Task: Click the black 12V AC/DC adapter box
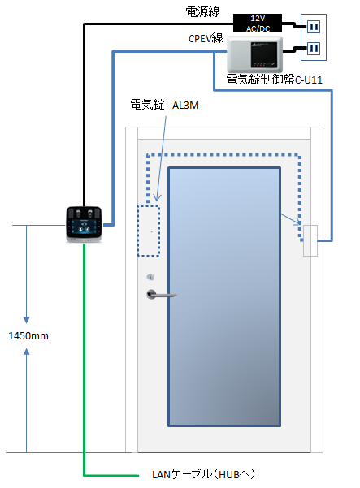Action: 258,23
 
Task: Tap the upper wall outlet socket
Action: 314,27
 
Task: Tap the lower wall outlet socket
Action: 314,48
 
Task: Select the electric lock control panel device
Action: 254,54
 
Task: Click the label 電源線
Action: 202,12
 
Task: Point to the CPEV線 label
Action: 206,39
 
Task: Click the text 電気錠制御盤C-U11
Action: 274,80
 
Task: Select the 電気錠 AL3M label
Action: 164,105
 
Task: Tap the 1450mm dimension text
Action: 28,336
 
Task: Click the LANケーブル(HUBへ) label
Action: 204,474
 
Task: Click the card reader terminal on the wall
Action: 84,224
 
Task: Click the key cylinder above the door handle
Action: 150,277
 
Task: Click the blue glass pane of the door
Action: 224,296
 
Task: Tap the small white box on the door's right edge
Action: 310,240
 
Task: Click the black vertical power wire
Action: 84,115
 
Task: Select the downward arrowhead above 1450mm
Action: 27,320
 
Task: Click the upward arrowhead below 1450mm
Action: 27,352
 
